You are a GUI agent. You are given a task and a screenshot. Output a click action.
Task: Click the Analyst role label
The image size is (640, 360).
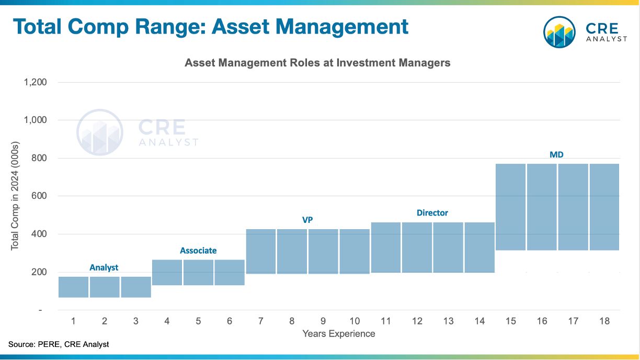[104, 267]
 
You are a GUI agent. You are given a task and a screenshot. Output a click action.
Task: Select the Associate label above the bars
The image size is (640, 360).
[198, 251]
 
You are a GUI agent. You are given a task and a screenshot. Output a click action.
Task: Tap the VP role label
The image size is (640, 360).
[307, 220]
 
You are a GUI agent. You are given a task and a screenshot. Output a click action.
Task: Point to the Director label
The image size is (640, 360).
[432, 213]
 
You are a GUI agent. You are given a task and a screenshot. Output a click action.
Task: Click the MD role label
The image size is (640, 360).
[556, 155]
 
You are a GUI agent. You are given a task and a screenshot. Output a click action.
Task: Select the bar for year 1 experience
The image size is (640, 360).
[73, 287]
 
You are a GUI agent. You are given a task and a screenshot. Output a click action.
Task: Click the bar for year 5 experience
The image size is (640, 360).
[198, 272]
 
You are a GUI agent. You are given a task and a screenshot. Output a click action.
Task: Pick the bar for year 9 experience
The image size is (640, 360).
[323, 251]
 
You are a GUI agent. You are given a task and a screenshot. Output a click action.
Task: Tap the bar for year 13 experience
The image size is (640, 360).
[448, 248]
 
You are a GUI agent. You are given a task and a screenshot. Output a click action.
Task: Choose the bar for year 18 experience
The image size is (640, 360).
[604, 207]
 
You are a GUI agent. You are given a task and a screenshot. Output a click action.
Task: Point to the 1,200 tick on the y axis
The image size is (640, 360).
[35, 82]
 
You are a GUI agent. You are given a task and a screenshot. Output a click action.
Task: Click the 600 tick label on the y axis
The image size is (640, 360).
[39, 196]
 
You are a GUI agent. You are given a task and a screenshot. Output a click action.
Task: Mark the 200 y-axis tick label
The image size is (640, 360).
[39, 272]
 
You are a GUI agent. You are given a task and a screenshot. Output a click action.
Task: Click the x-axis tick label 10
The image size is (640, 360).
[355, 321]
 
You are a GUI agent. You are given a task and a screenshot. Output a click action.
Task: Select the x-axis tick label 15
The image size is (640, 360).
[510, 321]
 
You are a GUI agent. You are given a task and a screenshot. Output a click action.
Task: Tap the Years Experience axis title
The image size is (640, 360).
[339, 334]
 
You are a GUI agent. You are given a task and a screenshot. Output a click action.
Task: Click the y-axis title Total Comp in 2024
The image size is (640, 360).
[15, 196]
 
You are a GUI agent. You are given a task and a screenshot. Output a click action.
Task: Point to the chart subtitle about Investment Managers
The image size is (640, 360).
[317, 63]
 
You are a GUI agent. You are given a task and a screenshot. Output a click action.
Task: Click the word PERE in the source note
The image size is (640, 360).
[49, 344]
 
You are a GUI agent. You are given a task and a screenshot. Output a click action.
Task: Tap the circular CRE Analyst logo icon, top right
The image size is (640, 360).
[559, 32]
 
